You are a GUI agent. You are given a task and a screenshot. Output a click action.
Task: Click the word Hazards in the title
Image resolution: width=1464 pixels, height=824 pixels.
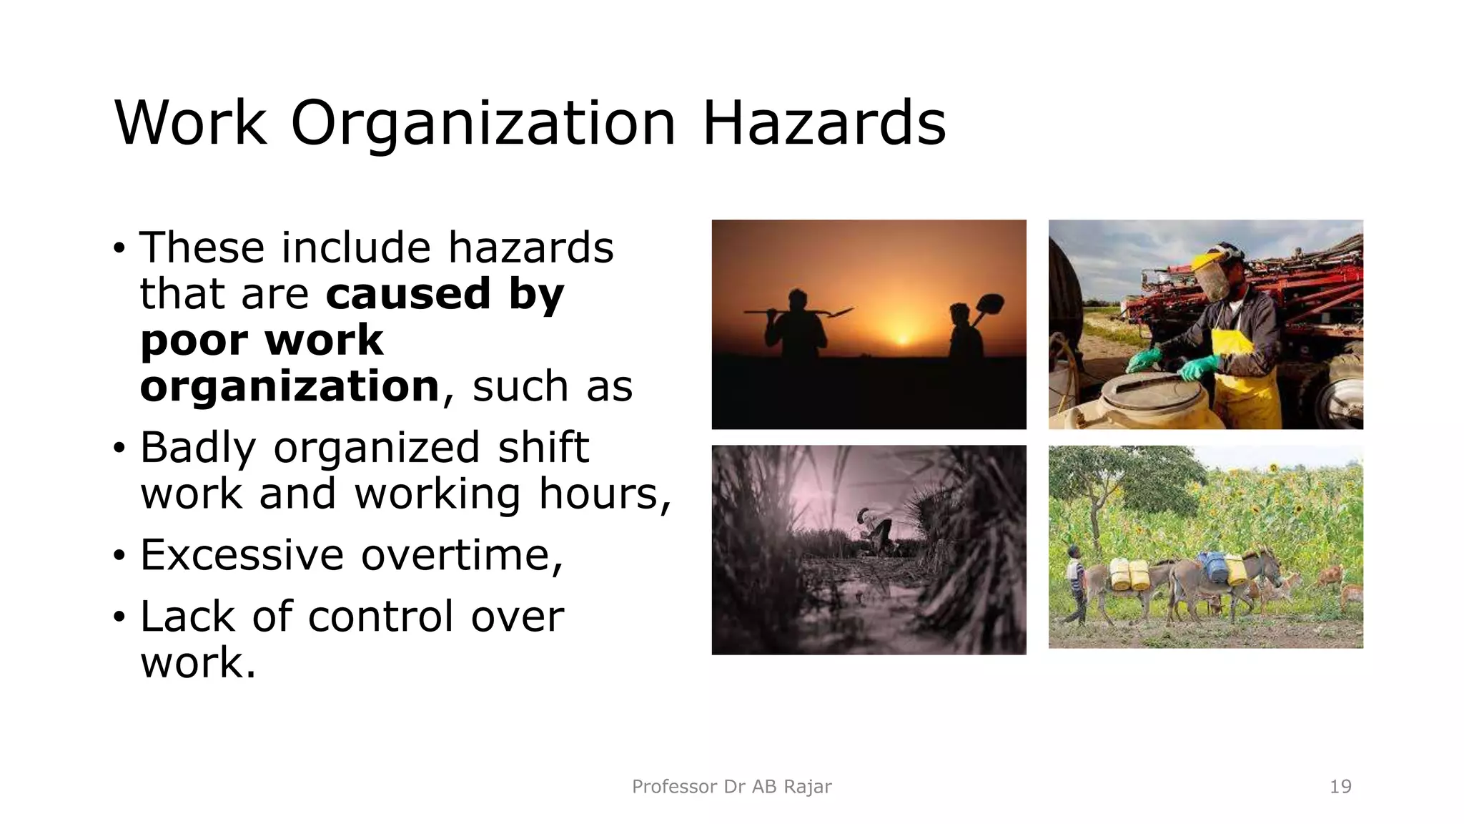pos(823,123)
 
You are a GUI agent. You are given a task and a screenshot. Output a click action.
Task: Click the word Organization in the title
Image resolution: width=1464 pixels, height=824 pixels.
pos(483,123)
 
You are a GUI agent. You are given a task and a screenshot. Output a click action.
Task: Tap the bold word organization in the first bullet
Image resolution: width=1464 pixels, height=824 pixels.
pos(290,387)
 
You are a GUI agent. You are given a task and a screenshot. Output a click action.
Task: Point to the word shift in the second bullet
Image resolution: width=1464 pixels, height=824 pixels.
pos(543,448)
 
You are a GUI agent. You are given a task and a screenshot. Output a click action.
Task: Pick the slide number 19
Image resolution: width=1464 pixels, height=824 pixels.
pos(1340,787)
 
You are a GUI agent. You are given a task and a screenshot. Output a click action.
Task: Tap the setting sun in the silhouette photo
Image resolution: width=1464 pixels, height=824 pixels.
pos(903,337)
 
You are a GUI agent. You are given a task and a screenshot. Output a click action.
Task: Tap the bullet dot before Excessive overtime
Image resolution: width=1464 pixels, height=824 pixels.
pos(119,555)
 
